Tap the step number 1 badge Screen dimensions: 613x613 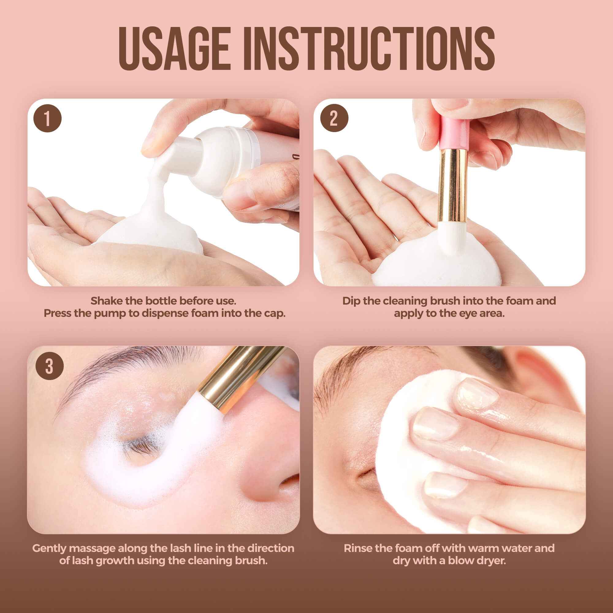pyautogui.click(x=47, y=119)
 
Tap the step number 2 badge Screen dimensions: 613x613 pyautogui.click(x=334, y=119)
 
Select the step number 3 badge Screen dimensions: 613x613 pyautogui.click(x=49, y=367)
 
